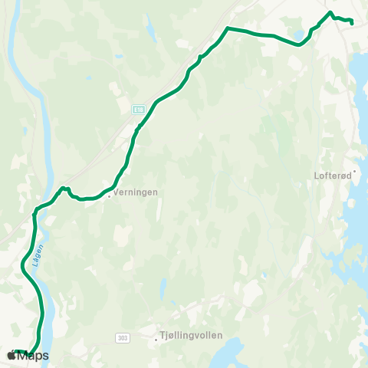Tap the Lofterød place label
tap(333, 175)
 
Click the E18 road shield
tap(138, 110)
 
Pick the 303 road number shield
tap(123, 337)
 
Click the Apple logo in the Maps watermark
tap(10, 356)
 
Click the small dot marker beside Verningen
tap(110, 195)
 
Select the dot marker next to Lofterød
tap(355, 172)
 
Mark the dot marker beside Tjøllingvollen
tap(156, 338)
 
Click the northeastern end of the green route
tap(351, 23)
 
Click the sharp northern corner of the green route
tap(227, 28)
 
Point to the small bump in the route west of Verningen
tap(66, 188)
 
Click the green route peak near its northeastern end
tap(330, 12)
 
